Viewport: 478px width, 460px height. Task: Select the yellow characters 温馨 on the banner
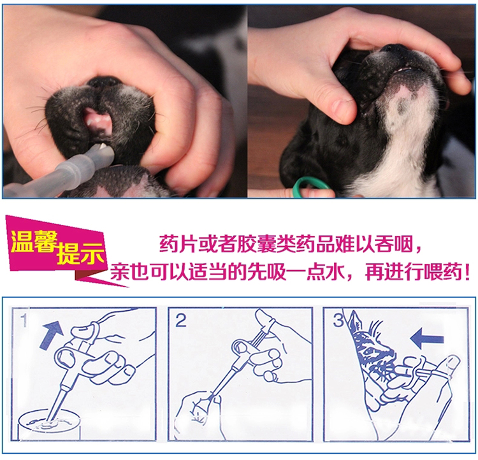coord(34,241)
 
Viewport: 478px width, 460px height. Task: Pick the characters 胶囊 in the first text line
coord(257,244)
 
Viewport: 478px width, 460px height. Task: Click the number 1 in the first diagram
coord(24,320)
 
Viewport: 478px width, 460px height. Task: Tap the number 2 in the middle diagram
coord(181,320)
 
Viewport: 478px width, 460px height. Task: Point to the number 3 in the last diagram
coord(338,320)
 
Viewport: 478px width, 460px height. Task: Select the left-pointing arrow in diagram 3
coord(427,338)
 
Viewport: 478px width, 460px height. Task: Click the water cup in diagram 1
coord(49,425)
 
